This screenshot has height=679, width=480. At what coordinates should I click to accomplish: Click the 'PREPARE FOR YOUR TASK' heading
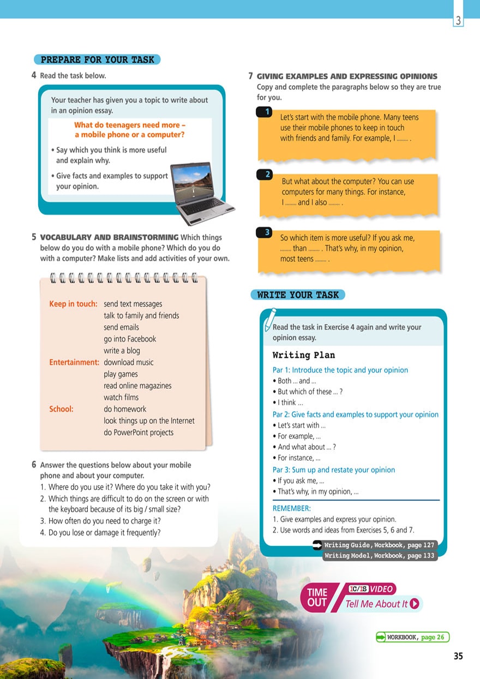(97, 59)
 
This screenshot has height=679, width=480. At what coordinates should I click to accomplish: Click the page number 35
(458, 656)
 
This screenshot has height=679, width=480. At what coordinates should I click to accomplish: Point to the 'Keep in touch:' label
(73, 304)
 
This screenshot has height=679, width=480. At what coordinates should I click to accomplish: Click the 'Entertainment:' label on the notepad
(74, 362)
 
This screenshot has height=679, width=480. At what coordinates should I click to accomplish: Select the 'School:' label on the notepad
(61, 409)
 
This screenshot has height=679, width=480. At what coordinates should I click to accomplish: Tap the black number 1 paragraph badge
(267, 112)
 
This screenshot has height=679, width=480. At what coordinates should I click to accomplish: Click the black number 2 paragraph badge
(267, 175)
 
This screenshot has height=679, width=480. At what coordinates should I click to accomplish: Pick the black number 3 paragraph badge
(267, 232)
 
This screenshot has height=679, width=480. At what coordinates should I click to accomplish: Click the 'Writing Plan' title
(303, 355)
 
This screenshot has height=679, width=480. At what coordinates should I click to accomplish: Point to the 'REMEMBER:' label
(291, 508)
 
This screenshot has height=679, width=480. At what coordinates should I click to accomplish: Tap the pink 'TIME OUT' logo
(318, 597)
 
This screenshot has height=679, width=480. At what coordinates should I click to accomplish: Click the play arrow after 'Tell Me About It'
(415, 604)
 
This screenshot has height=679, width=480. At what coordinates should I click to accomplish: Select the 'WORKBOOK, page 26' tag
(412, 637)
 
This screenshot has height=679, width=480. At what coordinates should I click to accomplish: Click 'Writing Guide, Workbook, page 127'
(379, 545)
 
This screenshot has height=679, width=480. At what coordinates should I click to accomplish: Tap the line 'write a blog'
(122, 351)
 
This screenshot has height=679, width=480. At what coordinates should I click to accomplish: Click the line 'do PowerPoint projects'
(139, 432)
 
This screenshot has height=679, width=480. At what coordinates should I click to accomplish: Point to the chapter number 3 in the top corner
(458, 21)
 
